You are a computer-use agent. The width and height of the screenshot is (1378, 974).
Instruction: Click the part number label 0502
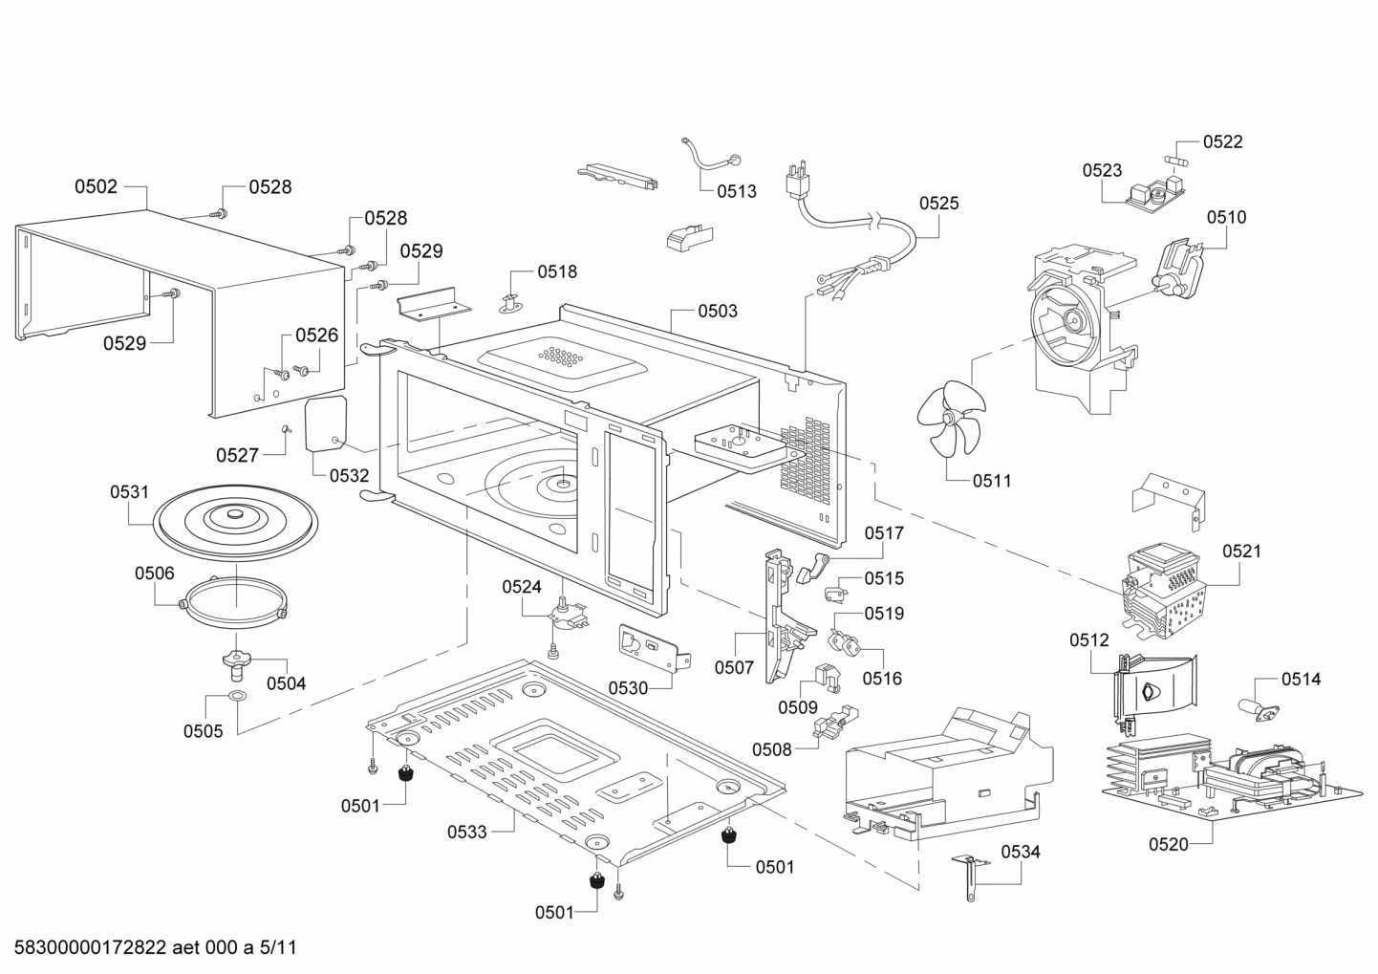(x=96, y=186)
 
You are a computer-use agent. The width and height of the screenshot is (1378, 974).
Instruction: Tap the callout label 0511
(x=992, y=481)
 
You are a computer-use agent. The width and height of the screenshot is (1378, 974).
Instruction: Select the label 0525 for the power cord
(x=938, y=203)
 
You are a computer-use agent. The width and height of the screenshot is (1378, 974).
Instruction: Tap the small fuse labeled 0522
(x=1177, y=158)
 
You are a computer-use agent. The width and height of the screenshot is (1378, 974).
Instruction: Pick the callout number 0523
(x=1102, y=170)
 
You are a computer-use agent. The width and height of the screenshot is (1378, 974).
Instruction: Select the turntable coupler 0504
(x=235, y=660)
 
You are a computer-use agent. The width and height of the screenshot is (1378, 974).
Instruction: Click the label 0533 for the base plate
(x=467, y=832)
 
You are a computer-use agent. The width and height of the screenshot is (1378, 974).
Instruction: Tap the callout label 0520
(x=1169, y=843)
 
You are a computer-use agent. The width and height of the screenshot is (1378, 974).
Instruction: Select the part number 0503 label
(x=717, y=311)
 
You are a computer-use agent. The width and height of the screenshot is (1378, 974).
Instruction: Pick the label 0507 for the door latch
(x=734, y=667)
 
